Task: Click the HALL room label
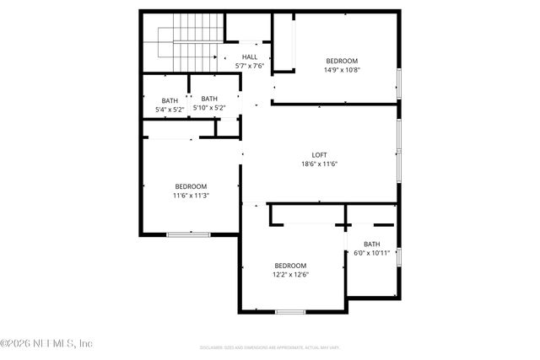[250, 56]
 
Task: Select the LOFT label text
[319, 154]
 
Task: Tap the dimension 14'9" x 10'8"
[342, 70]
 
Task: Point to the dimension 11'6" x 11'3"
[191, 196]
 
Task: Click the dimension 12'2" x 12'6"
[289, 274]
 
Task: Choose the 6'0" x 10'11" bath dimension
[371, 253]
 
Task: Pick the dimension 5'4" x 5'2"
[170, 109]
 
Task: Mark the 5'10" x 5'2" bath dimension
[209, 108]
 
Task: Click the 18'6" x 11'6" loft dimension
[319, 164]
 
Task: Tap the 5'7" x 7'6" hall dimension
[250, 66]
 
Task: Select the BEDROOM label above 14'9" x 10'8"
[342, 61]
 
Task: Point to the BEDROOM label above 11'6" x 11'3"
[191, 186]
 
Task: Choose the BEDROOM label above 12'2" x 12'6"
[289, 265]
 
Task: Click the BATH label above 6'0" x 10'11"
[372, 244]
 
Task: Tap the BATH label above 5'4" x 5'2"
[170, 99]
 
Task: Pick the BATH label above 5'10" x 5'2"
[209, 99]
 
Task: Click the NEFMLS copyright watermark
[46, 344]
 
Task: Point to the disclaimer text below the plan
[269, 347]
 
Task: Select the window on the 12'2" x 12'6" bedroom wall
[289, 312]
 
